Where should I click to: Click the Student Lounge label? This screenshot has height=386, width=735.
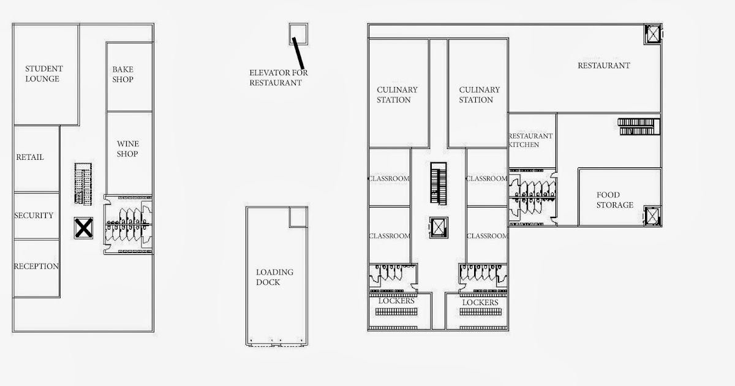[43, 74]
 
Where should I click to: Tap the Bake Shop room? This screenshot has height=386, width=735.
[123, 74]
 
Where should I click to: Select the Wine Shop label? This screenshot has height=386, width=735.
[127, 149]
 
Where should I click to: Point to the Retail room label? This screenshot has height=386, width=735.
[30, 157]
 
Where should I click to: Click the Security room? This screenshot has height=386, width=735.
[34, 215]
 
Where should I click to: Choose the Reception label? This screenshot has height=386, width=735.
[36, 266]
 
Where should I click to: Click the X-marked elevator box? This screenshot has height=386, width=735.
[83, 229]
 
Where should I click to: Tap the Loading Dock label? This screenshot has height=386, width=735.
[274, 277]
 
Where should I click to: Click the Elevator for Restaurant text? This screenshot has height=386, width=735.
[278, 77]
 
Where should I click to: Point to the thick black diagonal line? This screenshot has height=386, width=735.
[298, 52]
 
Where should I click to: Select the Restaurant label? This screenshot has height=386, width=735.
[603, 66]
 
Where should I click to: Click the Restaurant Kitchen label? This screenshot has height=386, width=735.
[530, 140]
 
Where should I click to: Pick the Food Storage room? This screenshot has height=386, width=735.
[615, 200]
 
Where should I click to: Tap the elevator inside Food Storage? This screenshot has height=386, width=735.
[652, 216]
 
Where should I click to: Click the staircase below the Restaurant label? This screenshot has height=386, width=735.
[637, 126]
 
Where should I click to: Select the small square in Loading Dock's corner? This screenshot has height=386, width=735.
[298, 216]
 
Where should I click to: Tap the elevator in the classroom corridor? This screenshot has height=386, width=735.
[439, 227]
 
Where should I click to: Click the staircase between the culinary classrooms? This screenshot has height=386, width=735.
[437, 184]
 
